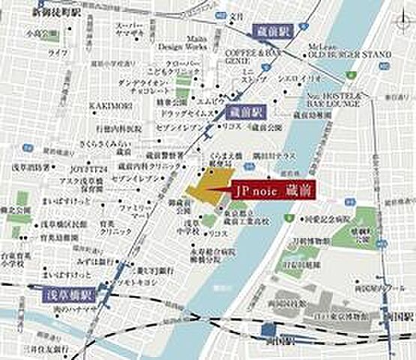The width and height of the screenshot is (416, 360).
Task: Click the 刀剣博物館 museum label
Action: tap(307, 241)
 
